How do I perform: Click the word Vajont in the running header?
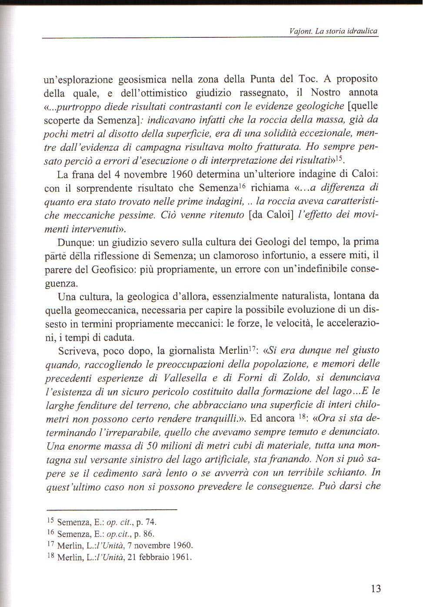[x=298, y=31]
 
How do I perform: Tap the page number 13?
[x=376, y=588]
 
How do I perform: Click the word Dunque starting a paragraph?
[x=75, y=242]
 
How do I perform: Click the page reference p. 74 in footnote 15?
[x=146, y=522]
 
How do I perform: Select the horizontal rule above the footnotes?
[x=112, y=509]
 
